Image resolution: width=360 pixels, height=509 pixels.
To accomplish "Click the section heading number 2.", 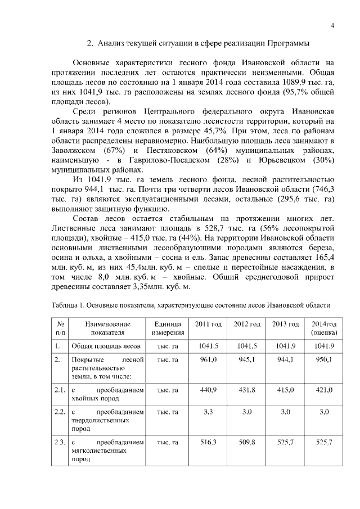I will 89,43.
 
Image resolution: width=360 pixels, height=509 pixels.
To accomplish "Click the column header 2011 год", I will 208,325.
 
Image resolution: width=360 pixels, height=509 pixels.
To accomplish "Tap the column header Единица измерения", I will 167,328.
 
